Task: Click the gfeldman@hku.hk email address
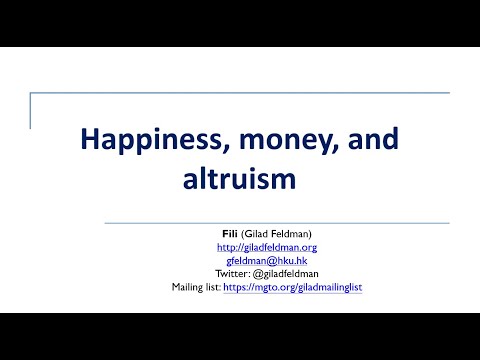pyautogui.click(x=266, y=260)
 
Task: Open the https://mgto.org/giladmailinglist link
pyautogui.click(x=306, y=287)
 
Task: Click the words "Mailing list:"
pyautogui.click(x=196, y=287)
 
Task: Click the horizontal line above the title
pyautogui.click(x=240, y=93)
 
